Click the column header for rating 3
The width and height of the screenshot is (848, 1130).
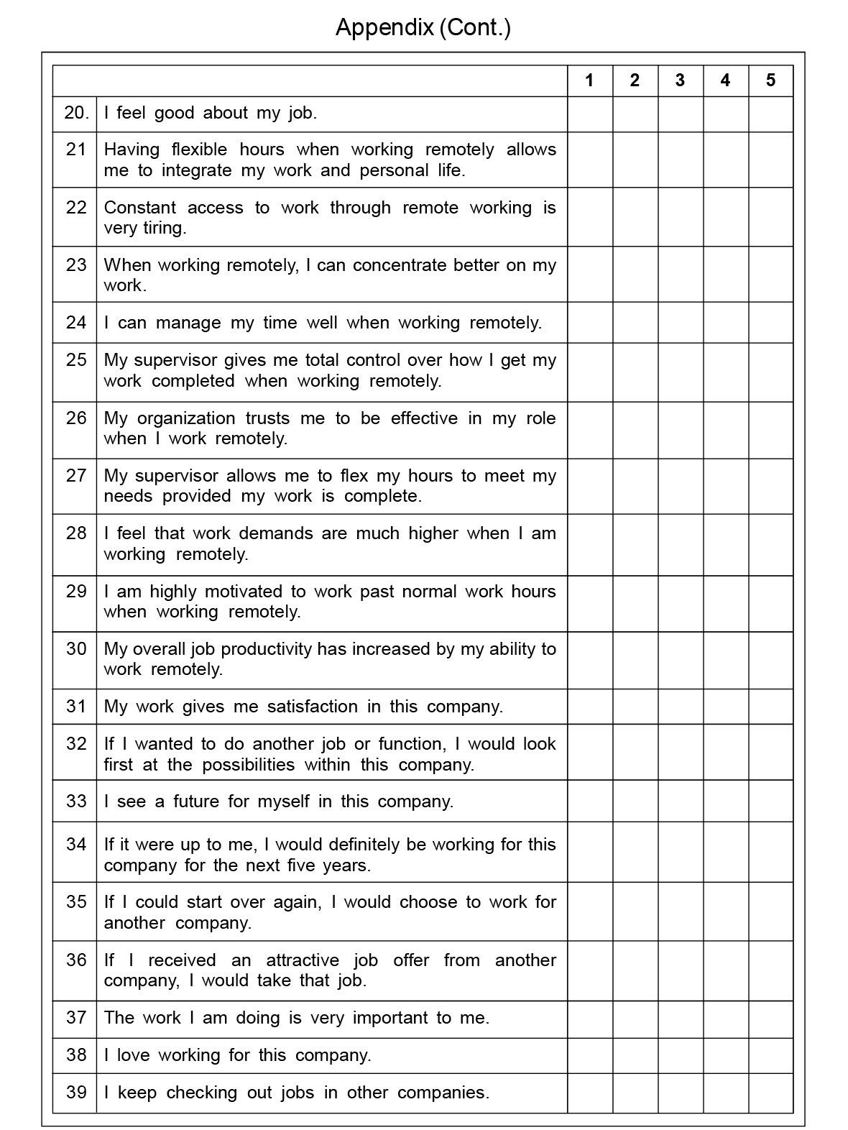click(680, 81)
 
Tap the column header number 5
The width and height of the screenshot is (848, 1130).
click(770, 81)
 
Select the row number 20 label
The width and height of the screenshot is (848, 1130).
click(76, 113)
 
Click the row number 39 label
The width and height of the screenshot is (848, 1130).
click(76, 1092)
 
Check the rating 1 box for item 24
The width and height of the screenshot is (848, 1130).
click(590, 322)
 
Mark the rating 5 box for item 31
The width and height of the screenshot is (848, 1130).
click(770, 706)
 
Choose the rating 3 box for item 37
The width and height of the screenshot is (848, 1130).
click(680, 1018)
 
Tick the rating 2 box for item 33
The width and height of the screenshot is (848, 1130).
click(635, 801)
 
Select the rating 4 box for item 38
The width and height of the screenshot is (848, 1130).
click(725, 1055)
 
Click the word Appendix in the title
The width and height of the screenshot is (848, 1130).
click(384, 27)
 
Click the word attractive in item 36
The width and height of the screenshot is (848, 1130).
click(302, 960)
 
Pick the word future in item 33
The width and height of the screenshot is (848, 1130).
click(196, 801)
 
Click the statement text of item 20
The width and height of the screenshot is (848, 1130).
click(210, 113)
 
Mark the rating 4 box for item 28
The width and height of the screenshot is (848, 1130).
click(725, 543)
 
